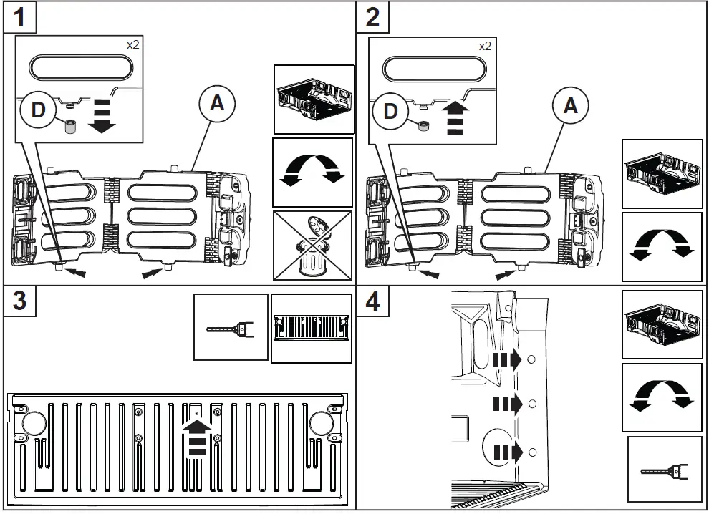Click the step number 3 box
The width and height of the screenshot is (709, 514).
[x=20, y=301]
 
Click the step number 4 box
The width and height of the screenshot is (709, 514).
[x=372, y=301]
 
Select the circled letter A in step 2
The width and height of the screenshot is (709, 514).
[x=570, y=106]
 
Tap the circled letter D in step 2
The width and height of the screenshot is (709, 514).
[x=390, y=110]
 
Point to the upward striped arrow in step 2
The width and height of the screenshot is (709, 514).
[x=454, y=118]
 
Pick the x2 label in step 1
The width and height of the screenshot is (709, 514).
[x=133, y=45]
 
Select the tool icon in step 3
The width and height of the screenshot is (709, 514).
[x=231, y=328]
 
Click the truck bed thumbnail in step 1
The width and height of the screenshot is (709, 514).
[x=314, y=99]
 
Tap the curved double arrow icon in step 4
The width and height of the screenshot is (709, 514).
[x=662, y=397]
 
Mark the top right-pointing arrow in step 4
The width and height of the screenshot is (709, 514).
[x=508, y=359]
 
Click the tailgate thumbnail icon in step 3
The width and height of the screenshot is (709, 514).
[x=312, y=328]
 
